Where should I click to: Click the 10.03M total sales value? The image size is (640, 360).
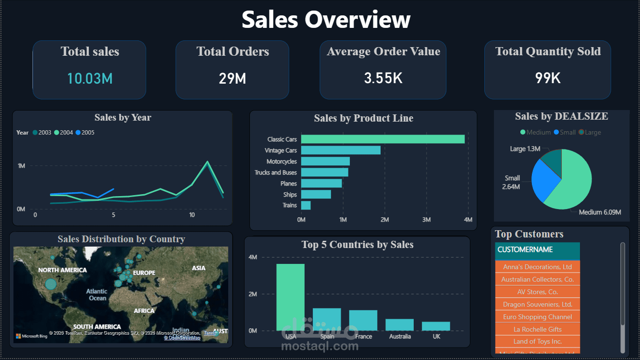[x=90, y=78]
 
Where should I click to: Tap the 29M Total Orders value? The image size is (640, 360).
[x=233, y=78]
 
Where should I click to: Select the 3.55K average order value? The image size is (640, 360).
[x=383, y=78]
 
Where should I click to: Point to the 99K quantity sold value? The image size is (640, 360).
[x=548, y=78]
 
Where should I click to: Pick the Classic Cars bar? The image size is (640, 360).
[x=382, y=139]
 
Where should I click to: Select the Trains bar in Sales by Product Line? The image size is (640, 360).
[x=306, y=205]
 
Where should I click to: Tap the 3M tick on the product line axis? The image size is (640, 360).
[x=426, y=220]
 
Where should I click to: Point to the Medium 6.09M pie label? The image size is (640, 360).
[x=600, y=212]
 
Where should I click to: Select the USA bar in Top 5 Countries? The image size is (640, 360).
[x=290, y=297]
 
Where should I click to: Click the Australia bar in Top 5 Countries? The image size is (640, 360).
[x=400, y=324]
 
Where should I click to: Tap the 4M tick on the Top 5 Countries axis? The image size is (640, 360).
[x=253, y=257]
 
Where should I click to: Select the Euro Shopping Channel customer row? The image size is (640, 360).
[x=537, y=317]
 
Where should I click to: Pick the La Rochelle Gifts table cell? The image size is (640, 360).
[x=537, y=329]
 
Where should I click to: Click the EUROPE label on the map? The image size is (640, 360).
[x=144, y=273]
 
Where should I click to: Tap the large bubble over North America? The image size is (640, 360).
[x=50, y=284]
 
